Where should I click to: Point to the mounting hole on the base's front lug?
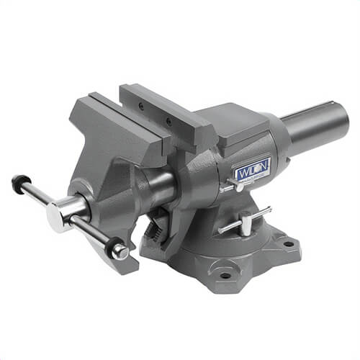point(225,275)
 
